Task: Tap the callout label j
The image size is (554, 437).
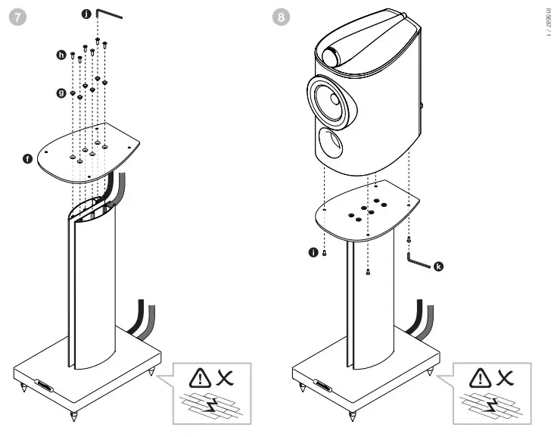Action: [x=86, y=13]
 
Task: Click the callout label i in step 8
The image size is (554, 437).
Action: [x=313, y=253]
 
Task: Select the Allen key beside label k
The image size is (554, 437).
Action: [x=418, y=260]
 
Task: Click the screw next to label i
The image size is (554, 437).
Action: [x=324, y=254]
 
